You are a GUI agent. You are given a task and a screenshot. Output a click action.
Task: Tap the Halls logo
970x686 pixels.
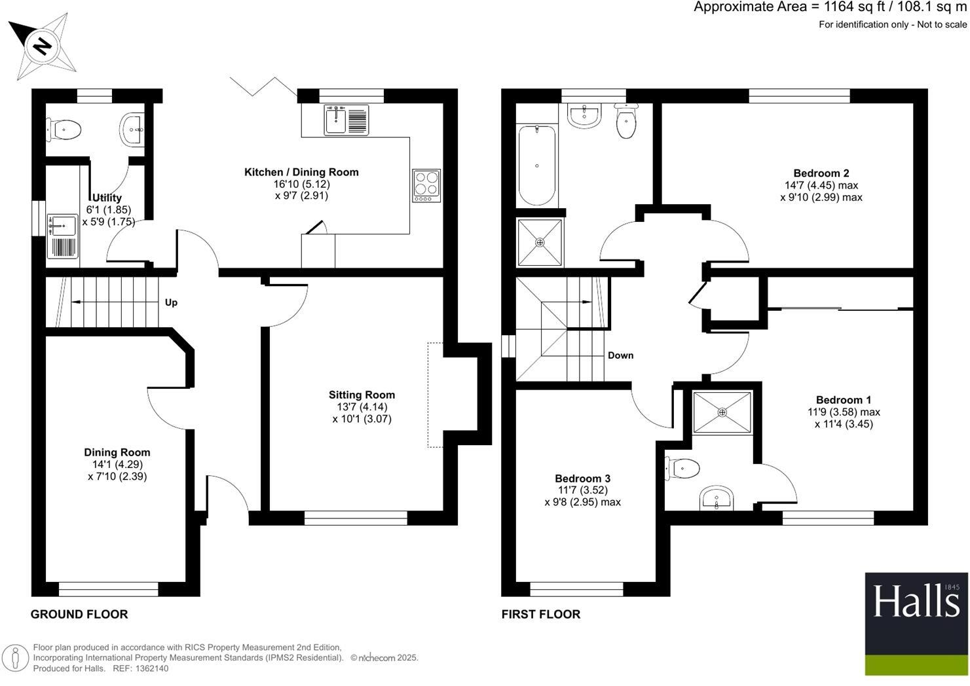coord(916,623)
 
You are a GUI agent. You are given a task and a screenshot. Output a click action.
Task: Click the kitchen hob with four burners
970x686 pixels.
coord(426,186)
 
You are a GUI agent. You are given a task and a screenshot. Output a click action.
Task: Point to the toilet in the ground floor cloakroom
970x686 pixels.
coord(64,130)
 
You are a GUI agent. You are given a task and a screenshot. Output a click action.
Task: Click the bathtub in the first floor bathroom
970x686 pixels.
coord(537,165)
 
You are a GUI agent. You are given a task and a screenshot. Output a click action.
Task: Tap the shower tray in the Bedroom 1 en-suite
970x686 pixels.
coord(722,412)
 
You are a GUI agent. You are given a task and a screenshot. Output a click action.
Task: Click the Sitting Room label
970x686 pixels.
coord(362,395)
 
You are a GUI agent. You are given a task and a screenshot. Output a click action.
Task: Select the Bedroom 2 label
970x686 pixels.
coord(821,173)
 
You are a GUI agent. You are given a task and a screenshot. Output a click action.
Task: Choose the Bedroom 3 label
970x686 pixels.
coord(582,478)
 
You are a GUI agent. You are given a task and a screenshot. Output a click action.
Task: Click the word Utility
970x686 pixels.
coord(107,198)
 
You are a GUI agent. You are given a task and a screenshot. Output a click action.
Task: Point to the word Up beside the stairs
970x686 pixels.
coord(171,302)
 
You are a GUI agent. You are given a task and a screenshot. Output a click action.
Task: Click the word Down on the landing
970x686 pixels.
coord(620,355)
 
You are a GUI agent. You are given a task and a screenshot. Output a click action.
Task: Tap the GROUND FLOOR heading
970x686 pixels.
coord(79,614)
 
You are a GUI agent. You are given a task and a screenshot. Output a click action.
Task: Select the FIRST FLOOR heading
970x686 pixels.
coord(540,614)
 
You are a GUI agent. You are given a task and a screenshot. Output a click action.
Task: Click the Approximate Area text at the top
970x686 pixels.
coord(830,8)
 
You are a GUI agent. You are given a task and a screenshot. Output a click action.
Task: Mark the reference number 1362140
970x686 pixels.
coord(150,668)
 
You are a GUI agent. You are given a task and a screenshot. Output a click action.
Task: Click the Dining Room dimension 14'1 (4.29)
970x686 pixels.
coord(117,464)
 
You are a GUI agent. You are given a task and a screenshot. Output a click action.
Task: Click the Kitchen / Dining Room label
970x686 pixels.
coord(301,172)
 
